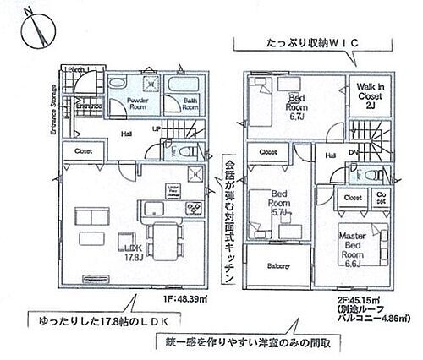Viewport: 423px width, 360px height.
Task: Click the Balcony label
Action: click(277, 266)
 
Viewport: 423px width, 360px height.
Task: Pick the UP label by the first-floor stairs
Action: click(157, 128)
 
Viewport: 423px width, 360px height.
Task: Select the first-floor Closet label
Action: click(84, 151)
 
